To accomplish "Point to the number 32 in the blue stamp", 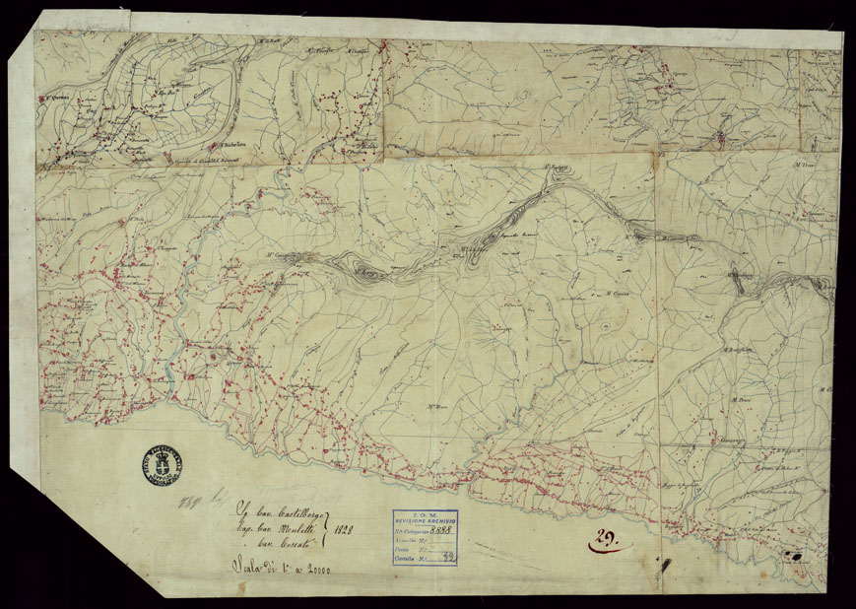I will (449, 557).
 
